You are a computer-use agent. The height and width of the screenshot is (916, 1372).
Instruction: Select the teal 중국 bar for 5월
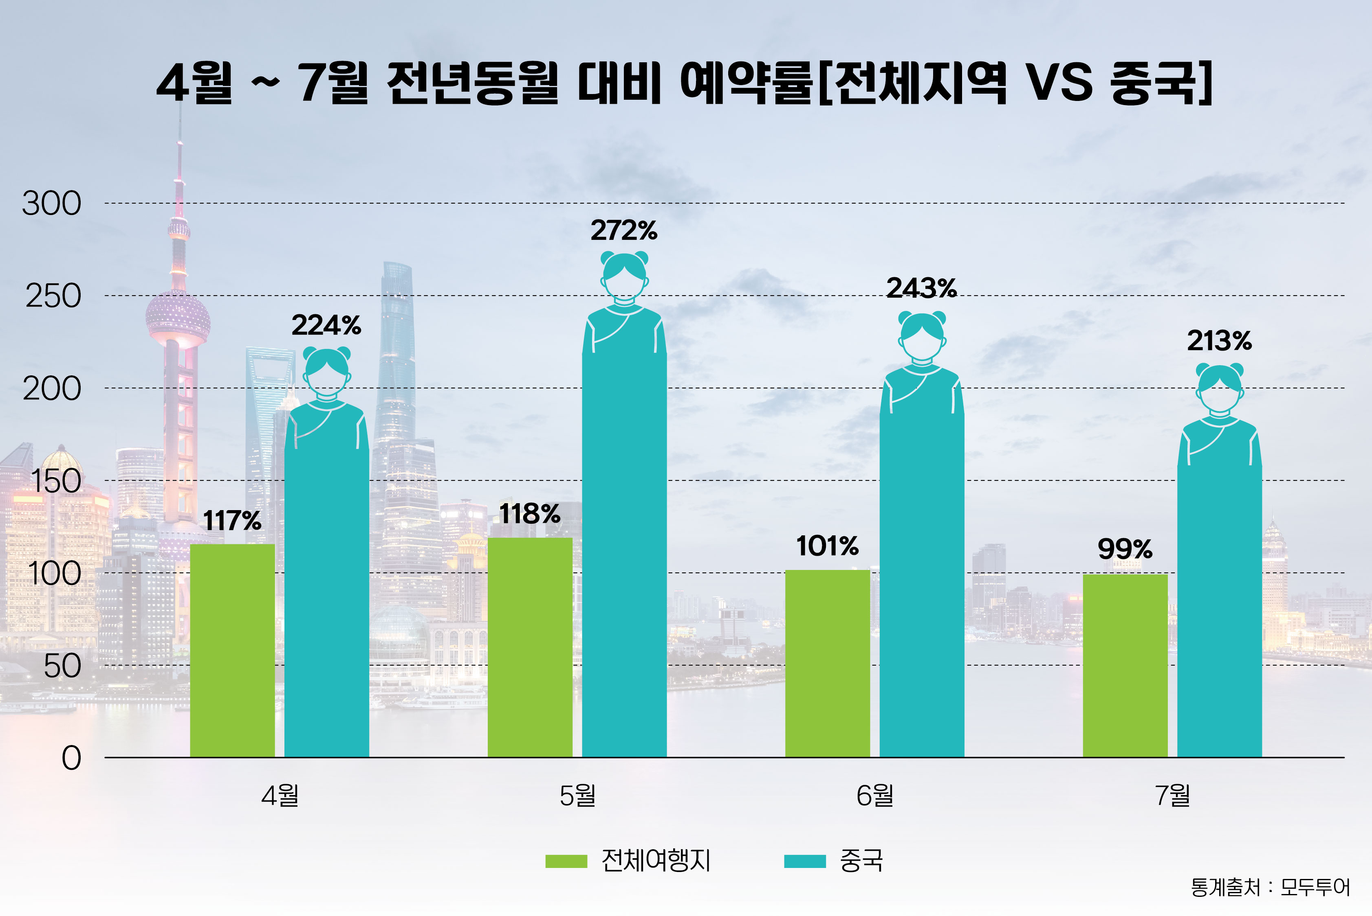624,555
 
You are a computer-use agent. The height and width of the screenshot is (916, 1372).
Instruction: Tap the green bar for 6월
827,663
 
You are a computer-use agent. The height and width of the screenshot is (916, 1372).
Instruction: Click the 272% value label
624,231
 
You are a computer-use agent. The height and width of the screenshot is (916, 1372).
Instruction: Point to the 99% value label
1125,549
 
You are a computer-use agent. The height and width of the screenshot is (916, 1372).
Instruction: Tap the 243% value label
921,288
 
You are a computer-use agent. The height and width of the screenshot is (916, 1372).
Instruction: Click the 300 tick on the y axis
51,204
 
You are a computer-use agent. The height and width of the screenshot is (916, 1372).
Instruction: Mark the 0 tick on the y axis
71,758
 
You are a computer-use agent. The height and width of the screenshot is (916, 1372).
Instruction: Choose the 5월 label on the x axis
577,795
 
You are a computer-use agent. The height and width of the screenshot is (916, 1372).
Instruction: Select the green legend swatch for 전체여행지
566,861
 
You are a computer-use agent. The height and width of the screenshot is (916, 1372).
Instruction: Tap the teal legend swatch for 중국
804,861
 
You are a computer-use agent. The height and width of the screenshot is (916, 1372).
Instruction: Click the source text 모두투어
1315,888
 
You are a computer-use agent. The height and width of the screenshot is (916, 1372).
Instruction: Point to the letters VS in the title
1059,82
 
